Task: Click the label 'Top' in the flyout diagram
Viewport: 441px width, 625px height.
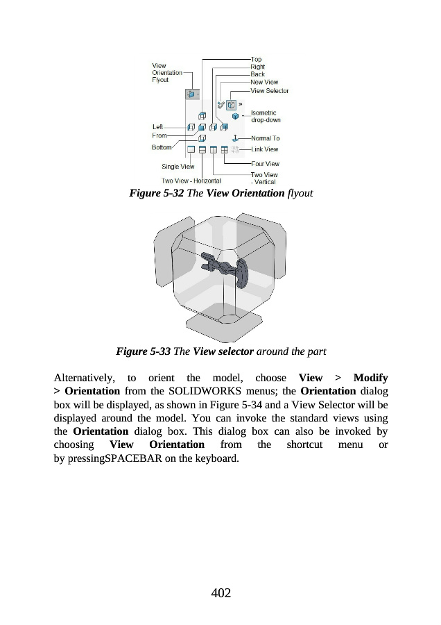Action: (x=256, y=59)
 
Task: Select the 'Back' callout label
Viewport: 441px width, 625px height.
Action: (x=257, y=74)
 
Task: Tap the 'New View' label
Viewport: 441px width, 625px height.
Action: (x=263, y=82)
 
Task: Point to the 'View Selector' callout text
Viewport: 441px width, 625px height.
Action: (x=269, y=91)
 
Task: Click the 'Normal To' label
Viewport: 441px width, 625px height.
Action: (x=265, y=138)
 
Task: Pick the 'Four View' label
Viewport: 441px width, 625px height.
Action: (x=265, y=163)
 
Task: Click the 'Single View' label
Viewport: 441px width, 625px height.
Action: (x=178, y=167)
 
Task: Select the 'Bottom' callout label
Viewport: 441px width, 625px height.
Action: (x=162, y=147)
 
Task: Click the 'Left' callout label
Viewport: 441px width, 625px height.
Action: (x=157, y=126)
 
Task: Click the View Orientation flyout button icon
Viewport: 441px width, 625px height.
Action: (x=191, y=94)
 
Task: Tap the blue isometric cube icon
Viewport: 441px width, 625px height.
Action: (x=235, y=116)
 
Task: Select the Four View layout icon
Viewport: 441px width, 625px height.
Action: (x=225, y=149)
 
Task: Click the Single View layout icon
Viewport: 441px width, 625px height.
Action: (x=191, y=149)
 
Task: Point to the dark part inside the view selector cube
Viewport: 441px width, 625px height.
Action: (x=228, y=268)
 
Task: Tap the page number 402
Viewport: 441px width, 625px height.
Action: (x=220, y=592)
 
